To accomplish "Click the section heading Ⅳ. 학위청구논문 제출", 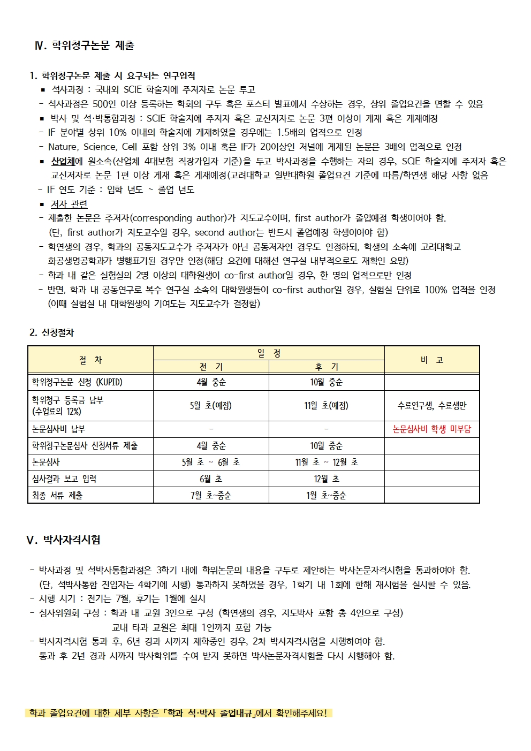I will (x=84, y=45).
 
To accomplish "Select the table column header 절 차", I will (x=90, y=360).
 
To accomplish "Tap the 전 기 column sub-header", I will (x=211, y=367).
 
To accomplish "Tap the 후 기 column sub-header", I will (x=327, y=367).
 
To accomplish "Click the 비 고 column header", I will (x=431, y=360).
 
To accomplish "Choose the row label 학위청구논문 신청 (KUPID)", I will (x=77, y=382).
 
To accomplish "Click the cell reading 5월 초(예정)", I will (x=211, y=406).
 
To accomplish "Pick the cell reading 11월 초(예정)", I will (x=327, y=406).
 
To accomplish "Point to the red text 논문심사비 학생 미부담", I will (x=431, y=429).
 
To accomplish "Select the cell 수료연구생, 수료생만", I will (x=431, y=406).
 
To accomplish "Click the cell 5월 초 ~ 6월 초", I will (x=211, y=462).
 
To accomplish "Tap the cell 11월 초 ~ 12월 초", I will (x=327, y=462).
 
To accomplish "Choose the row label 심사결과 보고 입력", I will (x=64, y=479).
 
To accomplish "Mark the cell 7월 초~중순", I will (x=211, y=496).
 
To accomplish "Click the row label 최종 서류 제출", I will (x=57, y=496).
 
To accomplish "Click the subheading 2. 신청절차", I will (x=51, y=332).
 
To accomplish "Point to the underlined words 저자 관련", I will (x=69, y=204).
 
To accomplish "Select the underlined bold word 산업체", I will (x=63, y=161).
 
